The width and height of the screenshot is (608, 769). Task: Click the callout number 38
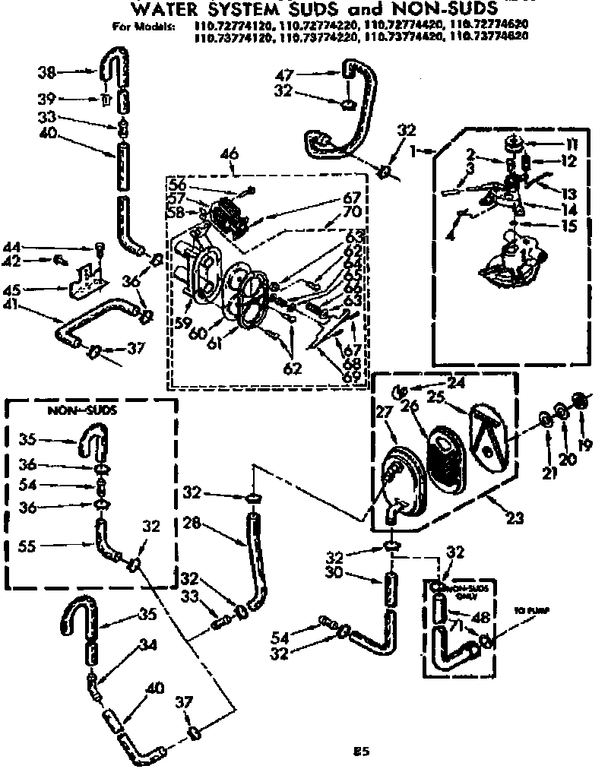[47, 73]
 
